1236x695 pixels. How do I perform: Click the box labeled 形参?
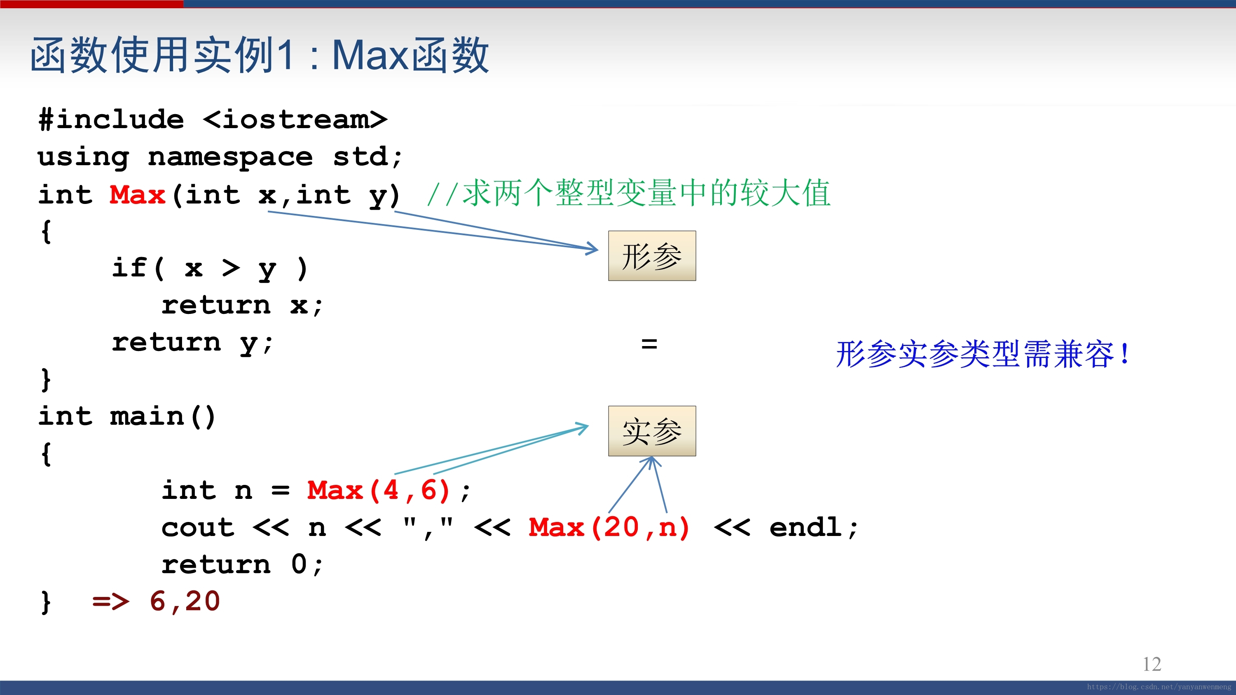(x=652, y=256)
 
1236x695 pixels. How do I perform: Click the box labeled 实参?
(x=652, y=431)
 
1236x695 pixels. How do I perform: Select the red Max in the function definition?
(x=137, y=195)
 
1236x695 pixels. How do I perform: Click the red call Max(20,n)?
(x=609, y=528)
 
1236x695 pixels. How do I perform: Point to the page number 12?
(x=1152, y=664)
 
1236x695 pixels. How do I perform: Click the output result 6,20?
(x=185, y=601)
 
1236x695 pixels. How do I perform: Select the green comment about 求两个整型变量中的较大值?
(x=629, y=193)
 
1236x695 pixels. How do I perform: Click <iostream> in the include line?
(x=295, y=119)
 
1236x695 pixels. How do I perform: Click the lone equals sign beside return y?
(x=649, y=344)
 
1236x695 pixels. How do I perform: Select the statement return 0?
(x=242, y=564)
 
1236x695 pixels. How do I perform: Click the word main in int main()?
(x=147, y=416)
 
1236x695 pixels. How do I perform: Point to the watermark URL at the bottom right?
(x=1159, y=687)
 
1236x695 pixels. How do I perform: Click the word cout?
(x=198, y=528)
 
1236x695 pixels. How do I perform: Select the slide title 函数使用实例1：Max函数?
(x=260, y=55)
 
